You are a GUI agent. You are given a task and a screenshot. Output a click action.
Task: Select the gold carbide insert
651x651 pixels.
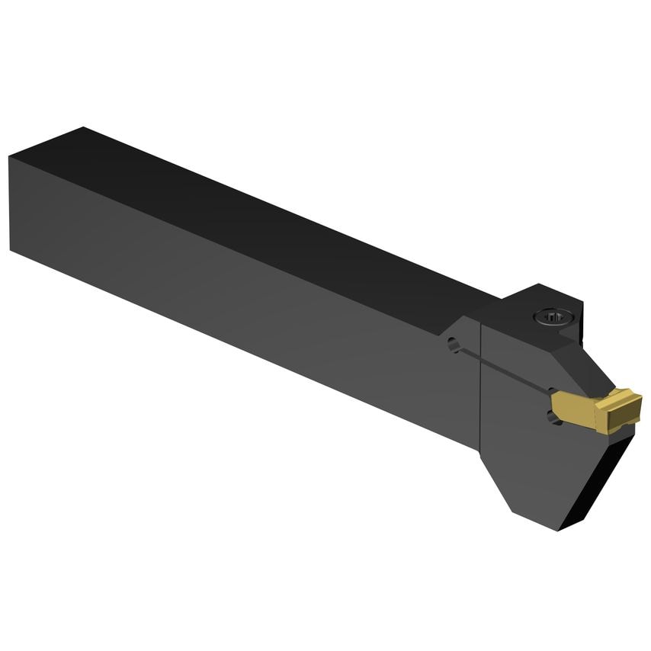tap(598, 408)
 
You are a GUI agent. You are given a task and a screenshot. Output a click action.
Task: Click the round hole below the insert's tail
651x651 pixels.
tap(553, 416)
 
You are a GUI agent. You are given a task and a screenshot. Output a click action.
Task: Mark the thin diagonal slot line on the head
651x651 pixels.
tap(503, 370)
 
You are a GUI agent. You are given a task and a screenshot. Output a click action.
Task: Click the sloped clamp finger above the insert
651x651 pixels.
tap(587, 366)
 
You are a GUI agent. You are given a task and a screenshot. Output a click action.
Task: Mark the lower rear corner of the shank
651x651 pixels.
tap(11, 249)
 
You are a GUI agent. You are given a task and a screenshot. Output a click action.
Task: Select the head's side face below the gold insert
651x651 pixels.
tap(534, 465)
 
